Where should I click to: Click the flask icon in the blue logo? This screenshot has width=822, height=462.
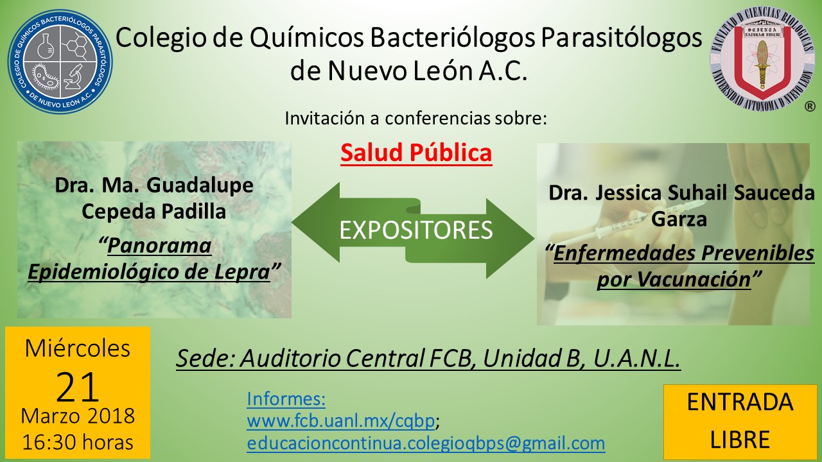click(46, 46)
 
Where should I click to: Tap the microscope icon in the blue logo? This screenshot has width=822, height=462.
click(74, 76)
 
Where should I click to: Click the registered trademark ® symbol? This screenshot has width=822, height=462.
click(810, 107)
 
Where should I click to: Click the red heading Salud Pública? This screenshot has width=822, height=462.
click(416, 153)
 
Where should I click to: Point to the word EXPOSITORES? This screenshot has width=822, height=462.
click(415, 230)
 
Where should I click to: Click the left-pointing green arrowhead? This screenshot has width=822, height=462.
click(315, 222)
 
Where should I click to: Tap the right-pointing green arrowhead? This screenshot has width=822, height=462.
click(511, 238)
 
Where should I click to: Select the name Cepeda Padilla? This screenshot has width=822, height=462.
click(153, 212)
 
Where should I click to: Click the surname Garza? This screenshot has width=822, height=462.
click(679, 219)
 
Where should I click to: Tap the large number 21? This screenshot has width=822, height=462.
click(78, 387)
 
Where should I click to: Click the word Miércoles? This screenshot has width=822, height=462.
click(78, 348)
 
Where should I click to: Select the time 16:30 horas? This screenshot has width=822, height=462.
click(78, 442)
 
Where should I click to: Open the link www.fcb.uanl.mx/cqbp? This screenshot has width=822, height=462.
click(341, 421)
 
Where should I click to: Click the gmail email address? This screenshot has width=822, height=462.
click(426, 443)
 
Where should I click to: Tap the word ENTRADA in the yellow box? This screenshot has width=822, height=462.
click(740, 402)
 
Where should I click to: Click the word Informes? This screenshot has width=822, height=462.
click(286, 399)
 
